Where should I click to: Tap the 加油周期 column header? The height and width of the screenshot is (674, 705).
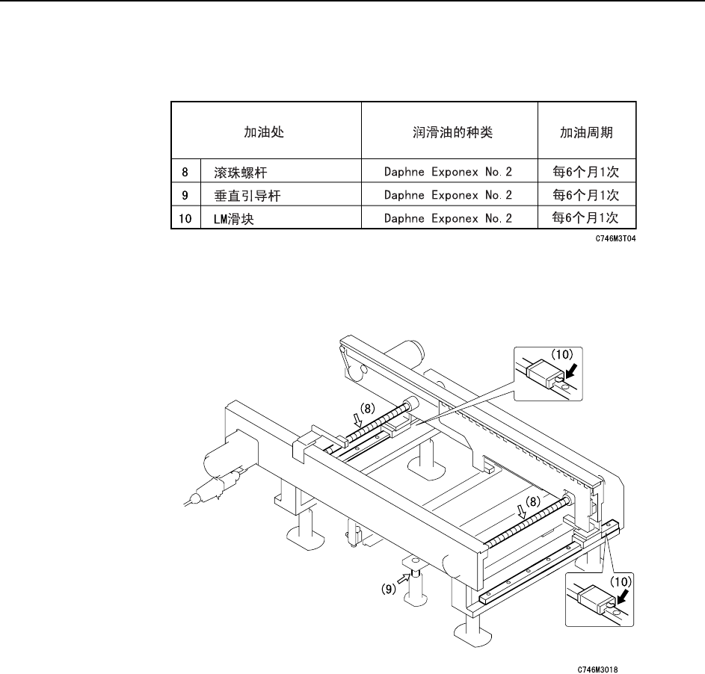coord(586,133)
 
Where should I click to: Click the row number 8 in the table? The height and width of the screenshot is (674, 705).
coord(185,173)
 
